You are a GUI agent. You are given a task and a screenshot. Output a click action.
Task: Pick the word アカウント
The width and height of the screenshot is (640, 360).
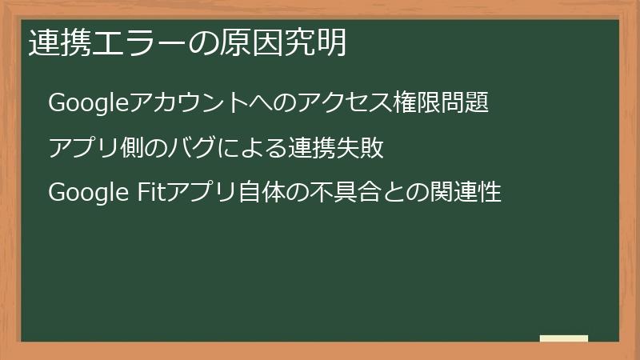coord(179,104)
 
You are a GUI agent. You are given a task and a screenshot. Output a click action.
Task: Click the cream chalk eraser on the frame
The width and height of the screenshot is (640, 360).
coord(564,339)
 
